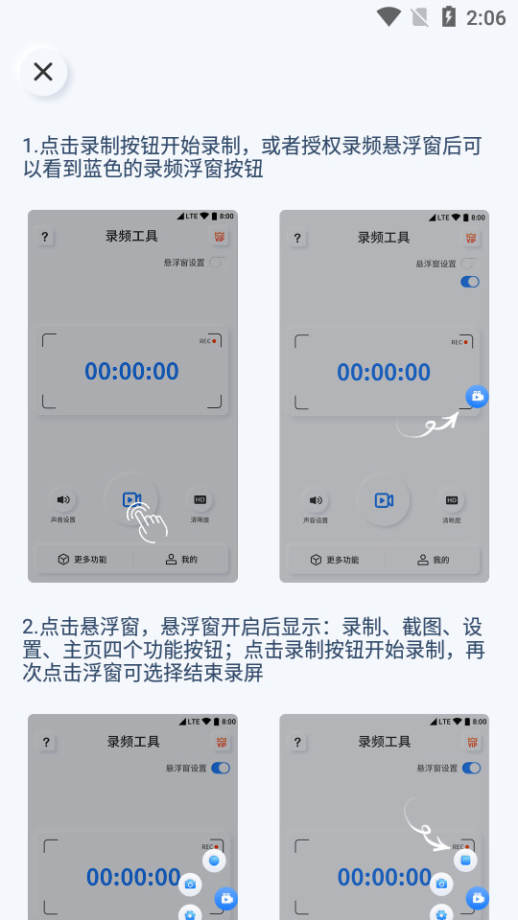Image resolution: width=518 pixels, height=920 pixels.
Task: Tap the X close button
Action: click(x=43, y=72)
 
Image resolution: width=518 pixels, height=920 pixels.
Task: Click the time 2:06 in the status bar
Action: click(x=485, y=17)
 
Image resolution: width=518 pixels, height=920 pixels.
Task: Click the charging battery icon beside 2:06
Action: click(x=448, y=16)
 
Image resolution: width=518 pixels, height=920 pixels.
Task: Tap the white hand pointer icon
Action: click(x=149, y=522)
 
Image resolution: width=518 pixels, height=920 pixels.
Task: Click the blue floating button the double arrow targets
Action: click(x=477, y=396)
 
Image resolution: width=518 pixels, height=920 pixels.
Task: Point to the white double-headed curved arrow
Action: click(x=428, y=424)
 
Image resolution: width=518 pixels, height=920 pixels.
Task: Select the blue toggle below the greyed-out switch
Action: click(x=470, y=282)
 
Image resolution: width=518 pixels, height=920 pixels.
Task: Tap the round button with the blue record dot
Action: click(x=214, y=861)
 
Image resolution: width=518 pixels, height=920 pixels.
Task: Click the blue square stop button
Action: click(x=465, y=861)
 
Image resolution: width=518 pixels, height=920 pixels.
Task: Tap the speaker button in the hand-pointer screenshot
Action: click(x=63, y=499)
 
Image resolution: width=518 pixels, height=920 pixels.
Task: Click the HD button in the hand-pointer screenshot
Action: click(x=200, y=499)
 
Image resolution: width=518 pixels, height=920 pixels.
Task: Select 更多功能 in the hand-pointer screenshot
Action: click(x=82, y=559)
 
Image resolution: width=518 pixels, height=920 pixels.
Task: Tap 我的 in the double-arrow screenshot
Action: click(x=434, y=560)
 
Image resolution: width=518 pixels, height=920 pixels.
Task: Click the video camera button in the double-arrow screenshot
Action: click(x=384, y=500)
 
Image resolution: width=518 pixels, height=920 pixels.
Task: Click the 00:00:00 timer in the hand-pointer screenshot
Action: click(x=131, y=372)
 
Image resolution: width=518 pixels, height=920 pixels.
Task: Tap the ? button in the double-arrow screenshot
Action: click(x=297, y=238)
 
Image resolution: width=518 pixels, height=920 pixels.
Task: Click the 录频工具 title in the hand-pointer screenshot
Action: click(x=131, y=237)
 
